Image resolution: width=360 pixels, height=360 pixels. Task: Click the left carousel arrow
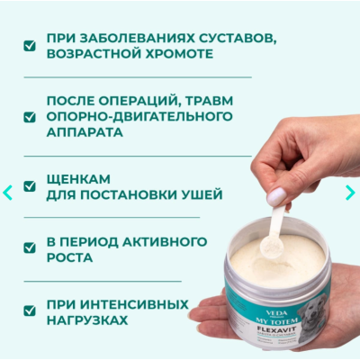[8, 192]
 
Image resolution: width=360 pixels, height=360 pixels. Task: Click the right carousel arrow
[350, 192]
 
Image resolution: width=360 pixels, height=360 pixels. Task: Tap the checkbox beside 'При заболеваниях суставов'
[30, 45]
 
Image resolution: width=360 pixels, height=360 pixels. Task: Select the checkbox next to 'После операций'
[30, 116]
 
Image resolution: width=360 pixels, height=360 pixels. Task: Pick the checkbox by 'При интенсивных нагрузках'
[30, 310]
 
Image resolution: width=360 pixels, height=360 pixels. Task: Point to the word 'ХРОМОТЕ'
[173, 53]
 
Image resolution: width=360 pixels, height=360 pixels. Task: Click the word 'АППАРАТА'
[85, 131]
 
